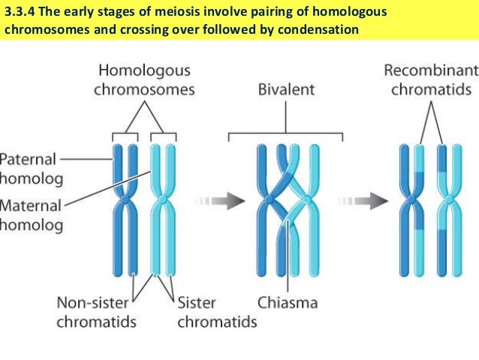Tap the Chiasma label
(288, 304)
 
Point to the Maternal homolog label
(30, 215)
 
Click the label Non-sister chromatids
(96, 313)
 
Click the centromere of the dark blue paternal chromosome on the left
(125, 200)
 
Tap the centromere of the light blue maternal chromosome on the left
(164, 200)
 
